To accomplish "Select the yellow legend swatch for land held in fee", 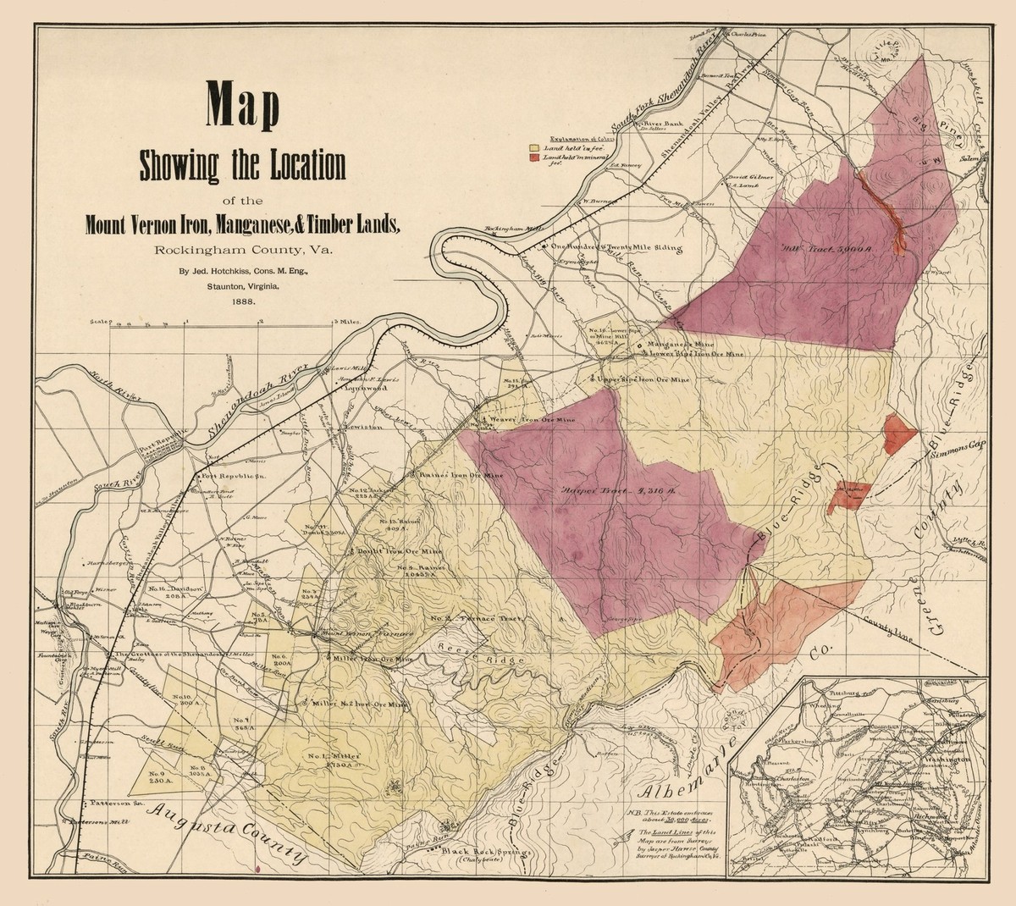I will (x=534, y=146).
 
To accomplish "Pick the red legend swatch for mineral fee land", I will (x=534, y=157).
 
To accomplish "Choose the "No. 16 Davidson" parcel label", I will (x=174, y=590).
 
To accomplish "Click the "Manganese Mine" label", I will (x=680, y=345).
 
